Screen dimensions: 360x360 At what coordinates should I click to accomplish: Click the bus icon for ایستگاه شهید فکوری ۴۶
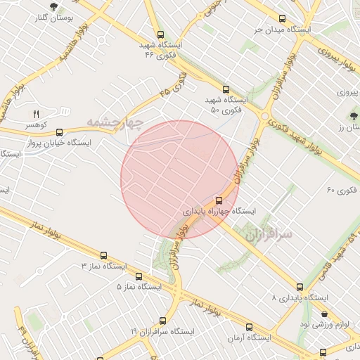(160, 34)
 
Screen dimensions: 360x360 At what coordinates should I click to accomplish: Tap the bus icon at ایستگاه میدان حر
(283, 19)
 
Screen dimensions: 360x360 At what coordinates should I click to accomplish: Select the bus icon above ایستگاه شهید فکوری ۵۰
(226, 89)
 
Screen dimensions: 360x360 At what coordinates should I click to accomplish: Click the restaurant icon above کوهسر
(37, 114)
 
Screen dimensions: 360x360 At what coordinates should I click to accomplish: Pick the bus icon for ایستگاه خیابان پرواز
(59, 131)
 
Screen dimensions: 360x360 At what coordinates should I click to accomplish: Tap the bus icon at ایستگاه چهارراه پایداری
(219, 200)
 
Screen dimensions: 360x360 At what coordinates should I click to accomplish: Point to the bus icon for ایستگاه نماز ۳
(104, 255)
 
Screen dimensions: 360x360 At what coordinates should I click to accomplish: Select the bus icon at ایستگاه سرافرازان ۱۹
(163, 320)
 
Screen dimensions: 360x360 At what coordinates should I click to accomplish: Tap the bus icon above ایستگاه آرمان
(249, 327)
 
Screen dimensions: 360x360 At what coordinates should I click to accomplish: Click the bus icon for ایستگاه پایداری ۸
(300, 287)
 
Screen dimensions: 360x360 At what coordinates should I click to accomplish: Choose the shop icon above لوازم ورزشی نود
(324, 314)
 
